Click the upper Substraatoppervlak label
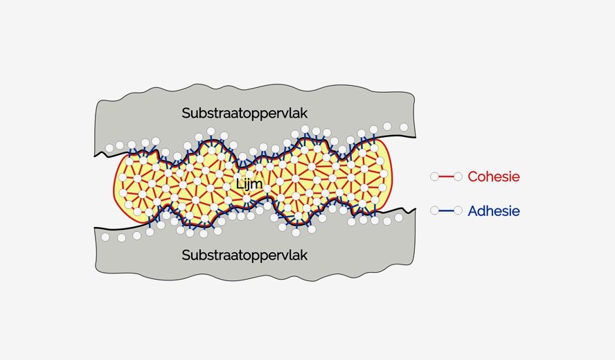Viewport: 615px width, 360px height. click(244, 113)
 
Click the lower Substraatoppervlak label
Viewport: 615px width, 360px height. click(244, 255)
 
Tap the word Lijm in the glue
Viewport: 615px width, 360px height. click(249, 184)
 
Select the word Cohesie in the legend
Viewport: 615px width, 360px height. click(493, 177)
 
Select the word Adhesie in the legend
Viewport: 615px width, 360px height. click(493, 211)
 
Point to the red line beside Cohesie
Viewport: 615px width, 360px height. click(447, 177)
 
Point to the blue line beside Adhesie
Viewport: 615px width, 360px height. click(447, 210)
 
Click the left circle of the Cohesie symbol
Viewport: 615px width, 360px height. click(435, 177)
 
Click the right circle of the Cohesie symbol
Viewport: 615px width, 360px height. click(458, 177)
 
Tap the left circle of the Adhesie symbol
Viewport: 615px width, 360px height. click(435, 210)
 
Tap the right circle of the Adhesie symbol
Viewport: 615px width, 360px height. click(458, 210)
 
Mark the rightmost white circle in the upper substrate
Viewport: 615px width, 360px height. click(404, 127)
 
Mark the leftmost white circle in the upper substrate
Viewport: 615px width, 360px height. click(109, 148)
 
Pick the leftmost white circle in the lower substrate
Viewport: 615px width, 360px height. click(105, 237)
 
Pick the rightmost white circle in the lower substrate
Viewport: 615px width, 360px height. click(398, 217)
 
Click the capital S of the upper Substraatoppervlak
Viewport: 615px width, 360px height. click(186, 113)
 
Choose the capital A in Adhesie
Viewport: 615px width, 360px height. click(473, 211)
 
